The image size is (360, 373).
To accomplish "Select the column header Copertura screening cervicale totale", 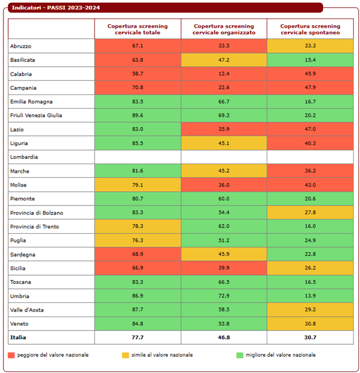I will pos(138,29).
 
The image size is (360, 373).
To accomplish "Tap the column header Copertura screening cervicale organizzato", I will pos(223,29).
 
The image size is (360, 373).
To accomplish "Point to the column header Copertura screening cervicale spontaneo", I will pos(310,29).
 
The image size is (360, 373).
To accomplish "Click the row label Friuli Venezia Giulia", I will pos(36,115).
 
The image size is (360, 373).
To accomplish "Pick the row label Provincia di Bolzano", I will pos(36,212).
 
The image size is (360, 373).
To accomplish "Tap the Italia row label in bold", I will pos(18,337).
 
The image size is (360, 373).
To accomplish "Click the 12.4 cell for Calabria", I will pos(223,74).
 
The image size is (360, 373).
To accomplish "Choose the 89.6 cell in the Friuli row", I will pos(138,115).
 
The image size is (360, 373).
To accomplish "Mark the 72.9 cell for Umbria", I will pos(223,296).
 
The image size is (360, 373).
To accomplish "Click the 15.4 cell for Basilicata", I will pos(310,60).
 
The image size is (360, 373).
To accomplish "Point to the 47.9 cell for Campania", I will pos(310,87).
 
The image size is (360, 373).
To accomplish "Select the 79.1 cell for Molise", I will pos(138,185).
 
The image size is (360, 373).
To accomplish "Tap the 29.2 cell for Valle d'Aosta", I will pos(310,310).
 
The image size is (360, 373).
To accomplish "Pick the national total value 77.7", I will pos(138,337).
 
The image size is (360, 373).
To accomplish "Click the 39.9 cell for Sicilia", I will pos(223,268).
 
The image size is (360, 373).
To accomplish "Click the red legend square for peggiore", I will pos(12,355).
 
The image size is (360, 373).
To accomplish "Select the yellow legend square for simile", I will pos(126,355).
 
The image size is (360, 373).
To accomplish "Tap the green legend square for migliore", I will pos(240,355).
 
